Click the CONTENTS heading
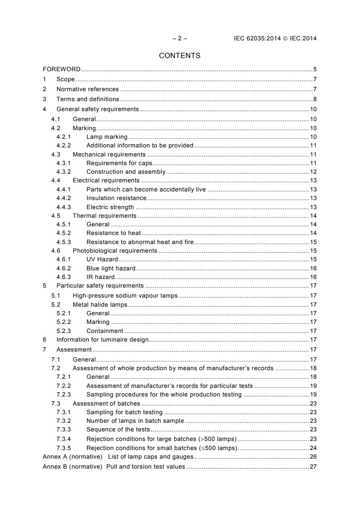point(180,56)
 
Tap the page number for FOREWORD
point(315,69)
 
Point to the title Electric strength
point(110,207)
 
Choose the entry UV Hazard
point(102,259)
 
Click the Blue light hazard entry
point(111,268)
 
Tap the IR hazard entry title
point(100,277)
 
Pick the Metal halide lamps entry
point(100,304)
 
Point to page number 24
point(313,448)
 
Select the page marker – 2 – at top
point(180,39)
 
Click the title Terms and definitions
point(88,99)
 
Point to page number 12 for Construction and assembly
point(313,172)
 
